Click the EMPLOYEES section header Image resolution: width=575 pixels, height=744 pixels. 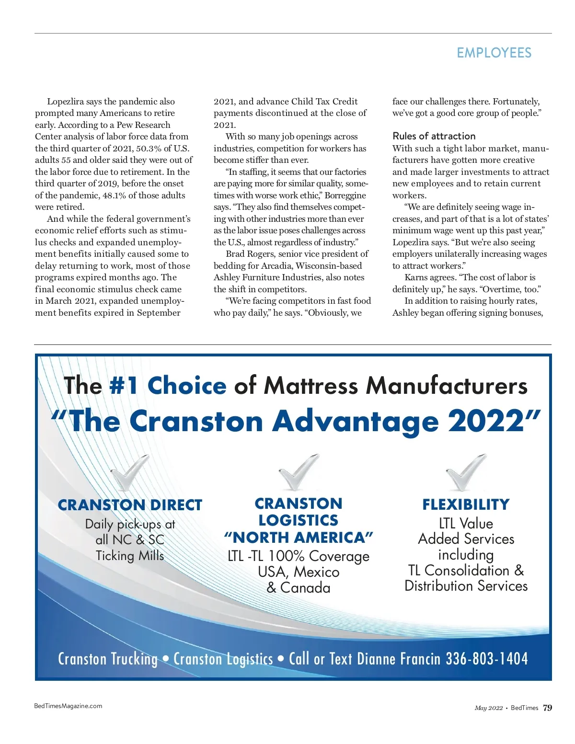(494, 53)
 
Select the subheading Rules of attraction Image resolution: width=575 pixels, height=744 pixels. (434, 136)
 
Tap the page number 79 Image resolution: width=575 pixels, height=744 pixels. (547, 708)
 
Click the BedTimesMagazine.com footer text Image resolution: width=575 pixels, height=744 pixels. (68, 706)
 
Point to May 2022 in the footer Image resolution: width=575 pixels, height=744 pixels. (488, 708)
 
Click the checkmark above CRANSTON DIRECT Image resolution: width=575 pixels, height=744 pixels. (128, 473)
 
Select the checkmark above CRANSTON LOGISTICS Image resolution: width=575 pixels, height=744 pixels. (299, 472)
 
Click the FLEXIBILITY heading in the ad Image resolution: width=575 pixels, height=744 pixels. (466, 504)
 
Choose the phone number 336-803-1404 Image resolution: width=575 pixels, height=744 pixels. (487, 659)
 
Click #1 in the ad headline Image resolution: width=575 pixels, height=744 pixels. (124, 386)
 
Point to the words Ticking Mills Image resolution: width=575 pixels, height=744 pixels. (130, 556)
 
